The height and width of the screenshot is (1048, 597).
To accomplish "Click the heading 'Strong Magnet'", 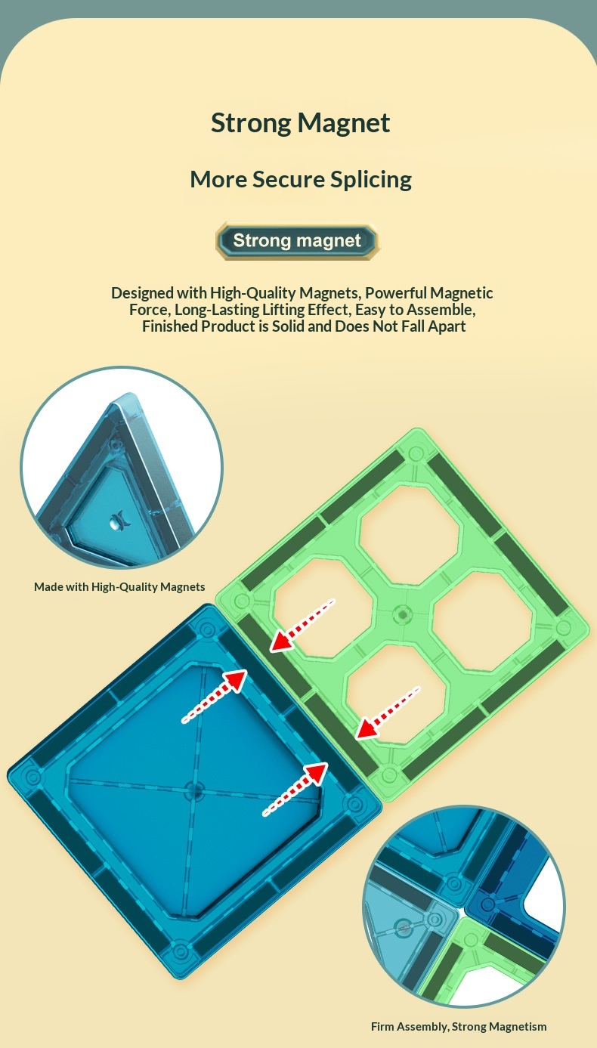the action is tap(300, 123).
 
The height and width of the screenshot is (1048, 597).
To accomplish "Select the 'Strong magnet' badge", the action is tap(297, 240).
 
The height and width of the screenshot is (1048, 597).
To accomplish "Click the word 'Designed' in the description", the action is tap(142, 293).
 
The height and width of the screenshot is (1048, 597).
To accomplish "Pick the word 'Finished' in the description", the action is tap(170, 326).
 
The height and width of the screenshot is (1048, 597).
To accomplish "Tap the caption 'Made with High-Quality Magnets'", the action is tap(119, 586).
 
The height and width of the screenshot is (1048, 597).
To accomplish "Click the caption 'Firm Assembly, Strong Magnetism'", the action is tap(459, 1027).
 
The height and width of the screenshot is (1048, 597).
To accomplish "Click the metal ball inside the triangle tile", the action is tap(115, 524).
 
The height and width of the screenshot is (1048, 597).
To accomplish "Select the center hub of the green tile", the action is tap(402, 614).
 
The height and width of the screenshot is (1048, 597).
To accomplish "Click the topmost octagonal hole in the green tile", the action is tap(410, 536).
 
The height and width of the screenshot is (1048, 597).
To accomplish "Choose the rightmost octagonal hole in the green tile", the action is tap(482, 622).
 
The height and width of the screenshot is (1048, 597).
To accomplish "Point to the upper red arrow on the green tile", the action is tap(302, 625).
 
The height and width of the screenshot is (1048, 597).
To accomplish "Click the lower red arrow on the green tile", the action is tap(388, 713).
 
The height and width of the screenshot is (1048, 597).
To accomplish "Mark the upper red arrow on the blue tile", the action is tap(215, 696).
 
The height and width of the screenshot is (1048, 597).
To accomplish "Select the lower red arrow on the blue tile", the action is tap(295, 790).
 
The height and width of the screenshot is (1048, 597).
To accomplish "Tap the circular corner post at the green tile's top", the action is tap(416, 453).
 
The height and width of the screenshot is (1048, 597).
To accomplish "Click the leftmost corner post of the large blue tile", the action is tap(32, 777).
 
